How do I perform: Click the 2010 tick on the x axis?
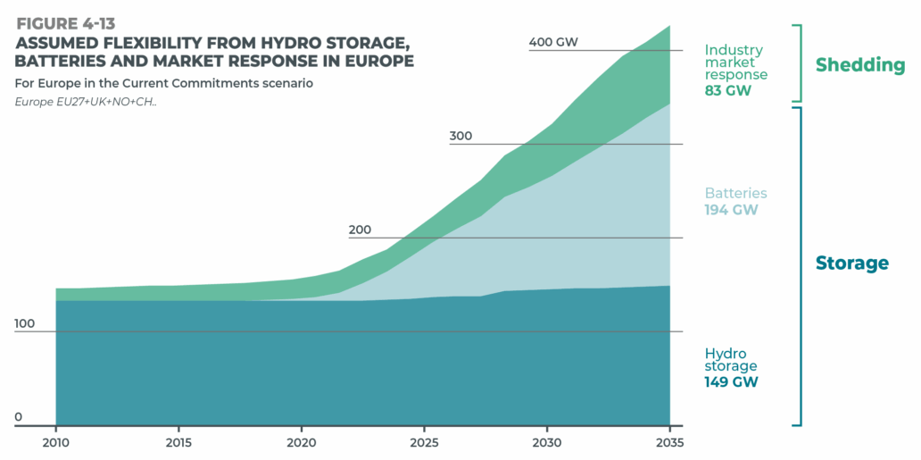(x=55, y=442)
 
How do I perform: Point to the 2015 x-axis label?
(x=178, y=442)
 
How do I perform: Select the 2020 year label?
(x=302, y=442)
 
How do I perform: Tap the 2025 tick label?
(x=424, y=442)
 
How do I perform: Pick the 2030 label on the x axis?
(x=547, y=442)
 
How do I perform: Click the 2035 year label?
(x=669, y=442)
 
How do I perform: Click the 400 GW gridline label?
(x=553, y=42)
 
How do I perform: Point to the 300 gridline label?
(x=461, y=137)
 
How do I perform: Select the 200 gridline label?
(x=360, y=230)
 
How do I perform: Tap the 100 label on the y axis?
(x=26, y=323)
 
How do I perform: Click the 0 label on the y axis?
(x=18, y=417)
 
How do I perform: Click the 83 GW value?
(x=727, y=90)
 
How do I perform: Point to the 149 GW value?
(x=731, y=382)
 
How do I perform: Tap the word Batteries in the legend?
(x=735, y=193)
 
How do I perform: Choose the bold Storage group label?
(x=851, y=263)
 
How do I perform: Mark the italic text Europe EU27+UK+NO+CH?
(x=86, y=102)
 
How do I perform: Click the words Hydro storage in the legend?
(x=730, y=359)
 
